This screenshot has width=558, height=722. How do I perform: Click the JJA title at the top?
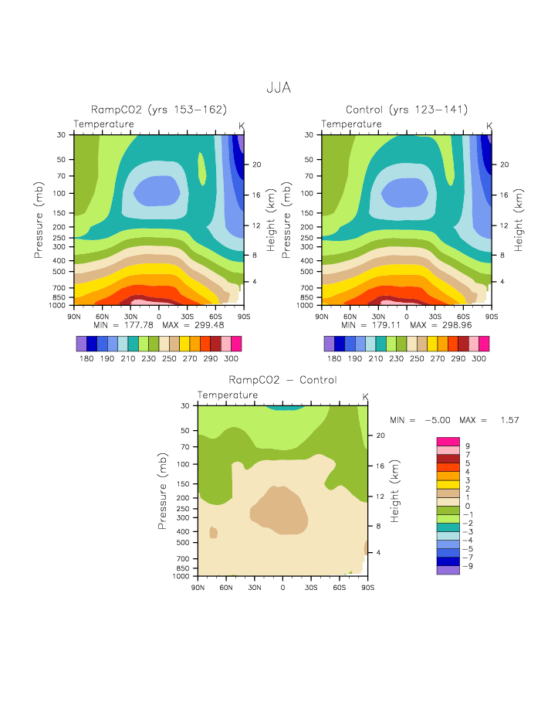click(x=279, y=89)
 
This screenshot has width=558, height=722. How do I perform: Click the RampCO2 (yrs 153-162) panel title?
click(x=158, y=110)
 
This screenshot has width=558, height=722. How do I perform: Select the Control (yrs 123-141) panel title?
click(x=406, y=110)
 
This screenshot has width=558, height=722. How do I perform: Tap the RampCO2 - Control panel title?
click(x=282, y=380)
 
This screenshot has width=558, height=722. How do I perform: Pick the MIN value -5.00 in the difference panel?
click(x=438, y=420)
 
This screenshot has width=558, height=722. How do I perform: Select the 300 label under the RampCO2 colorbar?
click(x=232, y=359)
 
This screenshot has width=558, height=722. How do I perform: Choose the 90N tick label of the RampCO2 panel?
click(x=75, y=316)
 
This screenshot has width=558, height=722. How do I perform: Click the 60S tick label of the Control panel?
click(x=463, y=316)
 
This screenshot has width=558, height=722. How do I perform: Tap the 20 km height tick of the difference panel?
click(x=380, y=436)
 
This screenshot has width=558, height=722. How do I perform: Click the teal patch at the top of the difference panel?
click(x=283, y=407)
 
